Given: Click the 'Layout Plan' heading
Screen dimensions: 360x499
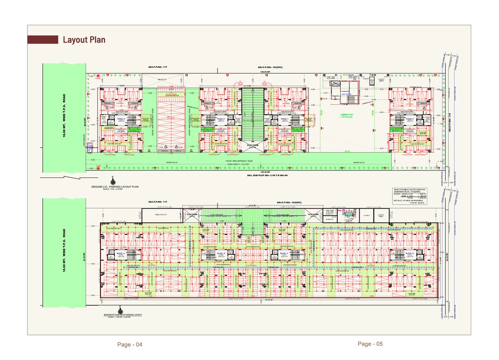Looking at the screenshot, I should pyautogui.click(x=84, y=40).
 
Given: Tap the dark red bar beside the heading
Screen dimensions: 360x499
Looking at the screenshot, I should pyautogui.click(x=42, y=39).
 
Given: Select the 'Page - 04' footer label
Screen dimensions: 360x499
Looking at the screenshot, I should pyautogui.click(x=130, y=345).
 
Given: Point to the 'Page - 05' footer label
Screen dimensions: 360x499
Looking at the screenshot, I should pyautogui.click(x=370, y=344).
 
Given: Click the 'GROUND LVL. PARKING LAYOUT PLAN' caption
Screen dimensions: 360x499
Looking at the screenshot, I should pyautogui.click(x=115, y=187).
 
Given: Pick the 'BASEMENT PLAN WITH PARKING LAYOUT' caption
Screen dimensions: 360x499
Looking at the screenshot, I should pyautogui.click(x=123, y=315).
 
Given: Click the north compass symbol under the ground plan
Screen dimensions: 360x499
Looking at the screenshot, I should pyautogui.click(x=112, y=180).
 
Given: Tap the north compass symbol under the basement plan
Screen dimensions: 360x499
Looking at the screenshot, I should pyautogui.click(x=120, y=310).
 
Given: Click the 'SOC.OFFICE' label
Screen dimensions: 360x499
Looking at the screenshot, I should pyautogui.click(x=346, y=94).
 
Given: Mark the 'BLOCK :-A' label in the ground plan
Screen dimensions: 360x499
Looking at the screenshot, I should pyautogui.click(x=122, y=119).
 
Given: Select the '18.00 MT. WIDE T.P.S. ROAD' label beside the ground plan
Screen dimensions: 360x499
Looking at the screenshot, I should pyautogui.click(x=65, y=117).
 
